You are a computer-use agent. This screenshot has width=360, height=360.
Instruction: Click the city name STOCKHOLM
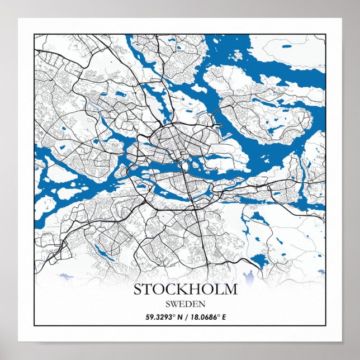[185, 290]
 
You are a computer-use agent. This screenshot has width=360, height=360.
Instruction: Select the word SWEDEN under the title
[186, 304]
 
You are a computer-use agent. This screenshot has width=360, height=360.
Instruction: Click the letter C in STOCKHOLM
[169, 290]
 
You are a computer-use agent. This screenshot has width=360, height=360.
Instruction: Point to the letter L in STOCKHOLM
[219, 290]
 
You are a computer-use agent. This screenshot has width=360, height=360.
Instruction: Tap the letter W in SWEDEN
[175, 304]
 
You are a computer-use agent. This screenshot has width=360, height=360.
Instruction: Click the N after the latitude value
[179, 318]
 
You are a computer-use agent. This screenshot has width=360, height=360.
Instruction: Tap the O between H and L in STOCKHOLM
[207, 290]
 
